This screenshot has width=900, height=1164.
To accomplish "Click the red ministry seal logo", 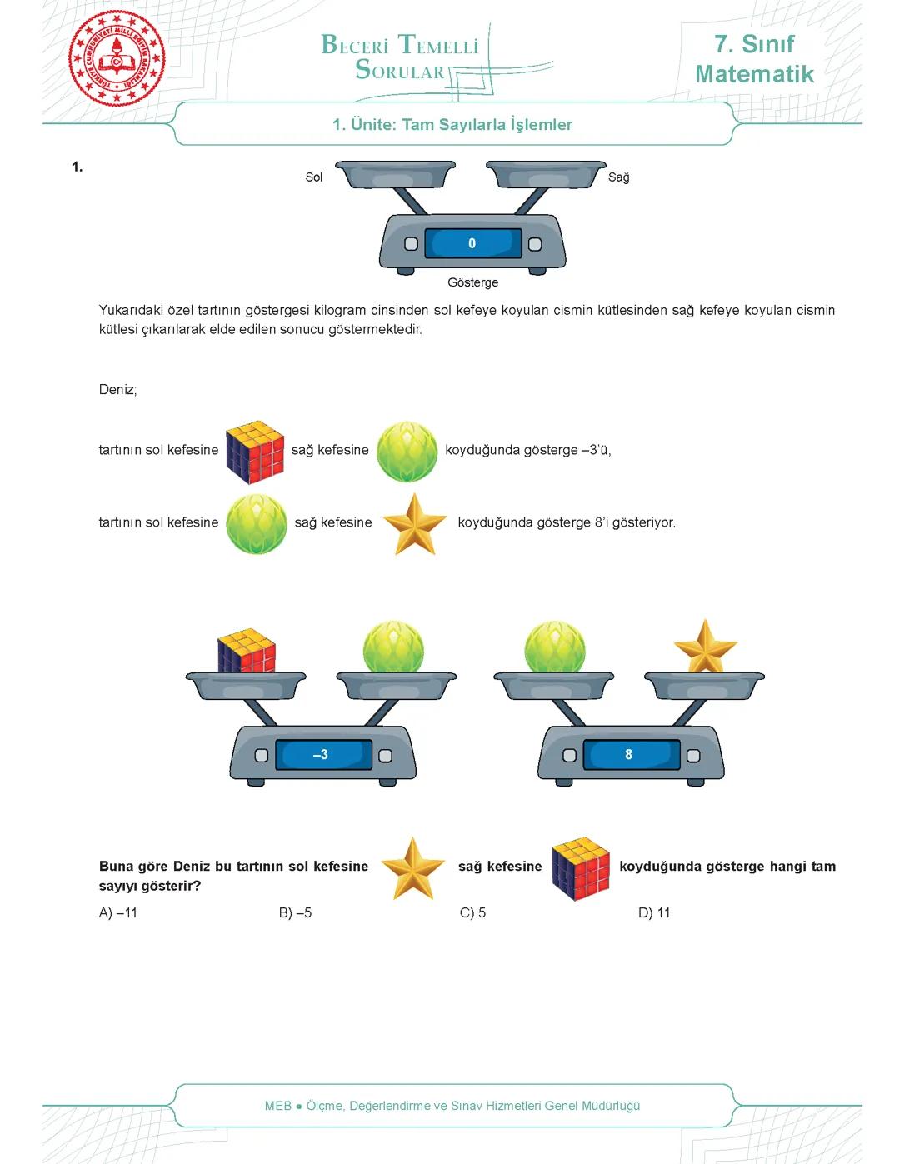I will click(x=117, y=58).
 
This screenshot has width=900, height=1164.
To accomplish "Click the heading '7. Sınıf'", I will click(x=754, y=43).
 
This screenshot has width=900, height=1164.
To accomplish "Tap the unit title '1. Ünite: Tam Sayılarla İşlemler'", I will click(x=452, y=125).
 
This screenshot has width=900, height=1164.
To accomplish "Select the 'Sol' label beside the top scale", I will click(x=313, y=177).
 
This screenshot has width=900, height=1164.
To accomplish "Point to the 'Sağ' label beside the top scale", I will click(x=618, y=177).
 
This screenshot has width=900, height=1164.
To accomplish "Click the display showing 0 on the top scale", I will click(x=472, y=243).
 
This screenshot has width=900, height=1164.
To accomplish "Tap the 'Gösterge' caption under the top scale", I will click(x=472, y=282).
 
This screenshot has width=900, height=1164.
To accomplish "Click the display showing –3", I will click(x=322, y=755).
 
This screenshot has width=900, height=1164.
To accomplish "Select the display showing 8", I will click(x=630, y=755).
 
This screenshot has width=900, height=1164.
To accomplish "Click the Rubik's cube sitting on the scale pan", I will click(x=247, y=651).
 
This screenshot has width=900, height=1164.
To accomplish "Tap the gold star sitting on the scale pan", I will click(x=705, y=647).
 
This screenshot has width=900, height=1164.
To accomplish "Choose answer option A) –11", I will click(x=118, y=912).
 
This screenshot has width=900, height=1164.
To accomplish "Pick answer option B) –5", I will click(x=295, y=912).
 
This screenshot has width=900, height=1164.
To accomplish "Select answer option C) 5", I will click(x=472, y=912).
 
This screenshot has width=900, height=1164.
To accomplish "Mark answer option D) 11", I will click(x=654, y=912).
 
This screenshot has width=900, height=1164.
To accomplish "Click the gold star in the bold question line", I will click(x=413, y=869).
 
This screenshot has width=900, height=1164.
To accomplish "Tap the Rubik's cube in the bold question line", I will click(x=581, y=868).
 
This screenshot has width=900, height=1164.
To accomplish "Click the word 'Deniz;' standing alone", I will click(x=117, y=389).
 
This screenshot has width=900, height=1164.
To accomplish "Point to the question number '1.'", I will click(x=77, y=167).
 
